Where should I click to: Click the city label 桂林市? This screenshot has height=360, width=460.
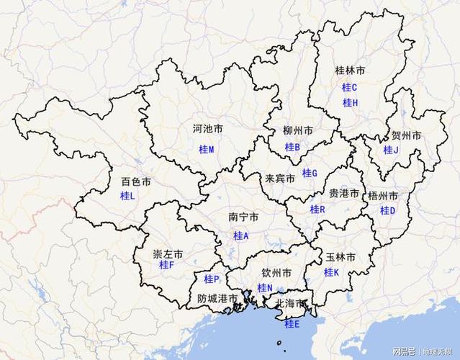[x=351, y=71]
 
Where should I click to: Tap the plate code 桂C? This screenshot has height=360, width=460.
[x=350, y=87]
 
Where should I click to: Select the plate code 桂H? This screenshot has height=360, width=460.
[x=350, y=102]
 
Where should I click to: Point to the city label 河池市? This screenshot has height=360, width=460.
[x=207, y=130]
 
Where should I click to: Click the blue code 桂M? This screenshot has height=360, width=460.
[x=207, y=149]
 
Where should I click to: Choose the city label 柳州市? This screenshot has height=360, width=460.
[x=298, y=131]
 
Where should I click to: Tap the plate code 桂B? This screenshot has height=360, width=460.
[x=292, y=147]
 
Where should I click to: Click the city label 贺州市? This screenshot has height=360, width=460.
[x=406, y=135]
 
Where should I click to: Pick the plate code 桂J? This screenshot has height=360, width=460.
[x=391, y=150]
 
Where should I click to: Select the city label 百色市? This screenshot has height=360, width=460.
[x=136, y=182]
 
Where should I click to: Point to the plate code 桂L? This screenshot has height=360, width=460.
[x=127, y=196]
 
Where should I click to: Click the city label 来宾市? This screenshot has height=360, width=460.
[x=280, y=178]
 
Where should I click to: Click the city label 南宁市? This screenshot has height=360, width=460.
[x=243, y=217]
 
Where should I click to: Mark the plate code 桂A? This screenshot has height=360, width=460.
[x=241, y=235]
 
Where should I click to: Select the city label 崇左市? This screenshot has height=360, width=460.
[x=168, y=254]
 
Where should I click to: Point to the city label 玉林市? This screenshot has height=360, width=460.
[x=341, y=257]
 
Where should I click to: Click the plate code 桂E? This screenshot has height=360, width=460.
[x=292, y=325]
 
